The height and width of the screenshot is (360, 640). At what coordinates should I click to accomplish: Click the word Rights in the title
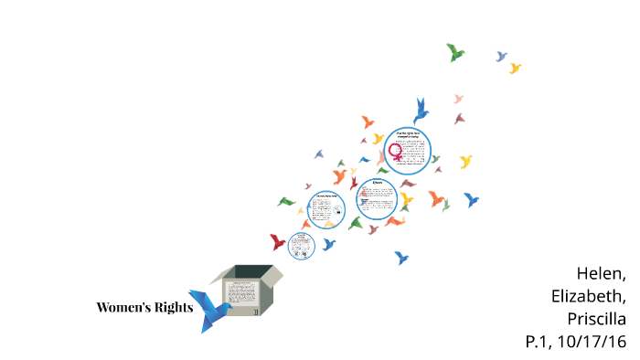coord(173,307)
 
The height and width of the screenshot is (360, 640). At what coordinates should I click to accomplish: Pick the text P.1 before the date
coord(539,342)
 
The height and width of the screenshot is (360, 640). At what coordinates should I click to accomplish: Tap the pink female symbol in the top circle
coord(396,151)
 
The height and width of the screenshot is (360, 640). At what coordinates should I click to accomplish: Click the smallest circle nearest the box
coord(301,244)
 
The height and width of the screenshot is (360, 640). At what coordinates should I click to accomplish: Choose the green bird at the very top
coord(455,52)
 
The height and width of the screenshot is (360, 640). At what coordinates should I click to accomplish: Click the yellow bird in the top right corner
coord(515,69)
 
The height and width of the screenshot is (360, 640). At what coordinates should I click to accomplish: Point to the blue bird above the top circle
coord(421,111)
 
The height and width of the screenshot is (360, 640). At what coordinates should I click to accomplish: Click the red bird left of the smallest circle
coord(277,242)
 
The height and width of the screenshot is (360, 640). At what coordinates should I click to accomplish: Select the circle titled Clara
coord(376,198)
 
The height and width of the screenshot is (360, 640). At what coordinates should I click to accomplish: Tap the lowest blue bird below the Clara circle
coord(400,258)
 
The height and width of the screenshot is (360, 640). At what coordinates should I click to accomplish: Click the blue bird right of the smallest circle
coord(328,244)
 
